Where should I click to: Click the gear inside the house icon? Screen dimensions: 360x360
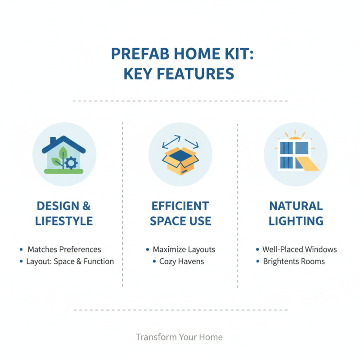tap(71, 163)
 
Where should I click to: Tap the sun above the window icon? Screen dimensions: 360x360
tap(296, 137)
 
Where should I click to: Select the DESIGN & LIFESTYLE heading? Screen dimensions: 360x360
tap(64, 213)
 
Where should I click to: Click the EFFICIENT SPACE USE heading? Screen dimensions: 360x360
tap(180, 213)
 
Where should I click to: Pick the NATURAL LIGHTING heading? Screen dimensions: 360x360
tap(296, 213)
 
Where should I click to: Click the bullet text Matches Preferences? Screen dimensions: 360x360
tap(64, 249)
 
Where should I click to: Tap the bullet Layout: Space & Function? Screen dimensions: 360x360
tap(70, 261)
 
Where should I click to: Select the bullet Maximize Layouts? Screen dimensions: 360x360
tap(184, 249)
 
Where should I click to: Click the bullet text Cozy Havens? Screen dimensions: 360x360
tap(181, 261)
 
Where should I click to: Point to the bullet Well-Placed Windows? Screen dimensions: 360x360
tap(299, 249)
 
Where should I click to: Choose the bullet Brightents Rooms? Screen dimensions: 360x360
tap(293, 261)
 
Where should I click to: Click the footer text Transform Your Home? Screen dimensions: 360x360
tap(179, 337)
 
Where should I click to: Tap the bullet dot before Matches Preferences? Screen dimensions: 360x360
tap(21, 249)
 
